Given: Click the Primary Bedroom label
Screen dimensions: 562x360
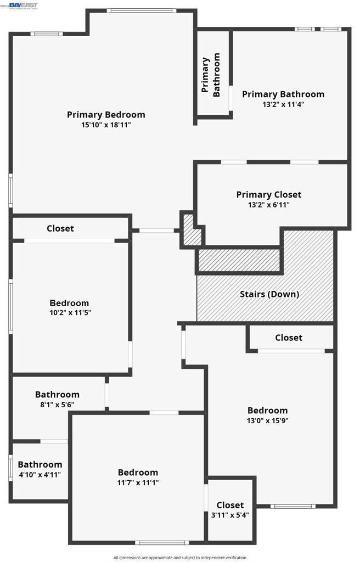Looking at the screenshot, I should [x=106, y=115].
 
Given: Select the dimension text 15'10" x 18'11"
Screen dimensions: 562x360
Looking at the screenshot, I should [x=106, y=125].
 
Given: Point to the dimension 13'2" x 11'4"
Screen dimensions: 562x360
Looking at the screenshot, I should [x=283, y=105].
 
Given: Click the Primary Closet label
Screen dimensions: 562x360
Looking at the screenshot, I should [x=268, y=194].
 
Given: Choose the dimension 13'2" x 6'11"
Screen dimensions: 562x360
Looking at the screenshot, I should [x=268, y=205].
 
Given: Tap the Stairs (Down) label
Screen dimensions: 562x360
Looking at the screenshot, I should [x=269, y=294].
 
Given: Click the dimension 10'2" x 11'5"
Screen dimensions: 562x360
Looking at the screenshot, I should [x=69, y=313].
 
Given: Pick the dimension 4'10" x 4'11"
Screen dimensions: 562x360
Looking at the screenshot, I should [x=40, y=475].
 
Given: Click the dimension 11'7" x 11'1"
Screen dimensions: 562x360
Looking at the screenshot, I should [x=138, y=482].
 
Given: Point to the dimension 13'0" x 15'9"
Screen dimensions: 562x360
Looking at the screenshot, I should [x=267, y=421].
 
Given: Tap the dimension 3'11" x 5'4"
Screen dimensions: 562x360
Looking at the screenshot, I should [x=230, y=515].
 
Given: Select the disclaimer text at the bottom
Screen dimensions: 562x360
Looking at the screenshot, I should [x=180, y=558].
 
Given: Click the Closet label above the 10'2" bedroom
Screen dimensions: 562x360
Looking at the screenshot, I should [x=60, y=228].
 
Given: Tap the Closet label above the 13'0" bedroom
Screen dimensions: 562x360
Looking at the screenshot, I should [x=289, y=338].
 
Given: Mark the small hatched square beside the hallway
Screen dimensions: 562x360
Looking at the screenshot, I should [x=192, y=231].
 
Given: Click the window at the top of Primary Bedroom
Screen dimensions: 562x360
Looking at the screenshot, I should [x=142, y=10].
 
